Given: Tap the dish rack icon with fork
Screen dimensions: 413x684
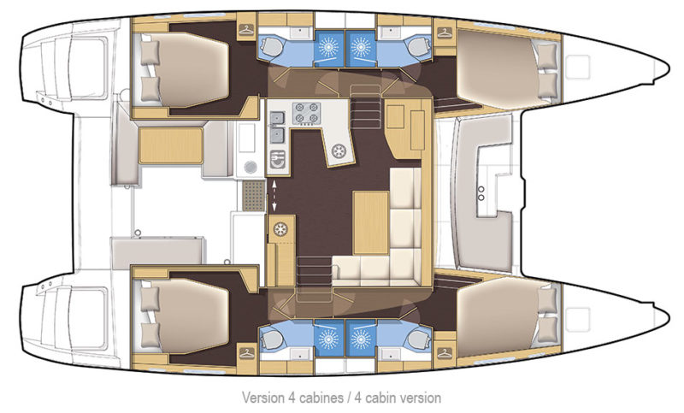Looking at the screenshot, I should tap(278, 157).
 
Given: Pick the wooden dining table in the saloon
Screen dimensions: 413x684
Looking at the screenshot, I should tap(370, 221).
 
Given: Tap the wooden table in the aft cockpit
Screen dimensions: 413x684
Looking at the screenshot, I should tap(169, 143).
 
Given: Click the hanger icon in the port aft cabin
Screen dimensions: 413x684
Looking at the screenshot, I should tap(246, 32).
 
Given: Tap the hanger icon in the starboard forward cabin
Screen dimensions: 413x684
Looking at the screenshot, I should tap(445, 350).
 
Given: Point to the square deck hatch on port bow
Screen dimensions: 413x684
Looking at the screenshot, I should tap(582, 64).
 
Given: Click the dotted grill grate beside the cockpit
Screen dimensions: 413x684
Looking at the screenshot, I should tap(252, 196).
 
